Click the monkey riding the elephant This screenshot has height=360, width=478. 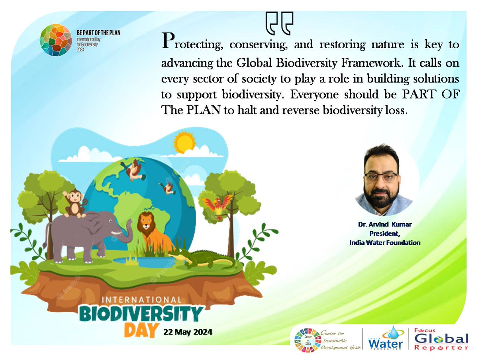pos(74,203)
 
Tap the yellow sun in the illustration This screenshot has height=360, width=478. pos(184,142)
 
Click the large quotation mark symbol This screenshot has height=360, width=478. pos(279,23)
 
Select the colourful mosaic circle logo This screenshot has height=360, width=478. pos(57,40)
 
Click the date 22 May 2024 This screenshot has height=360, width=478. pos(187,332)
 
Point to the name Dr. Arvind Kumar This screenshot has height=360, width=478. pos(384,225)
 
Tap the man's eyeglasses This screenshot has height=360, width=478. pos(381,178)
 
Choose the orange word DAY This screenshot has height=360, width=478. pos(139,330)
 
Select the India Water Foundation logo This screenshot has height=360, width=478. pos(386,339)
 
